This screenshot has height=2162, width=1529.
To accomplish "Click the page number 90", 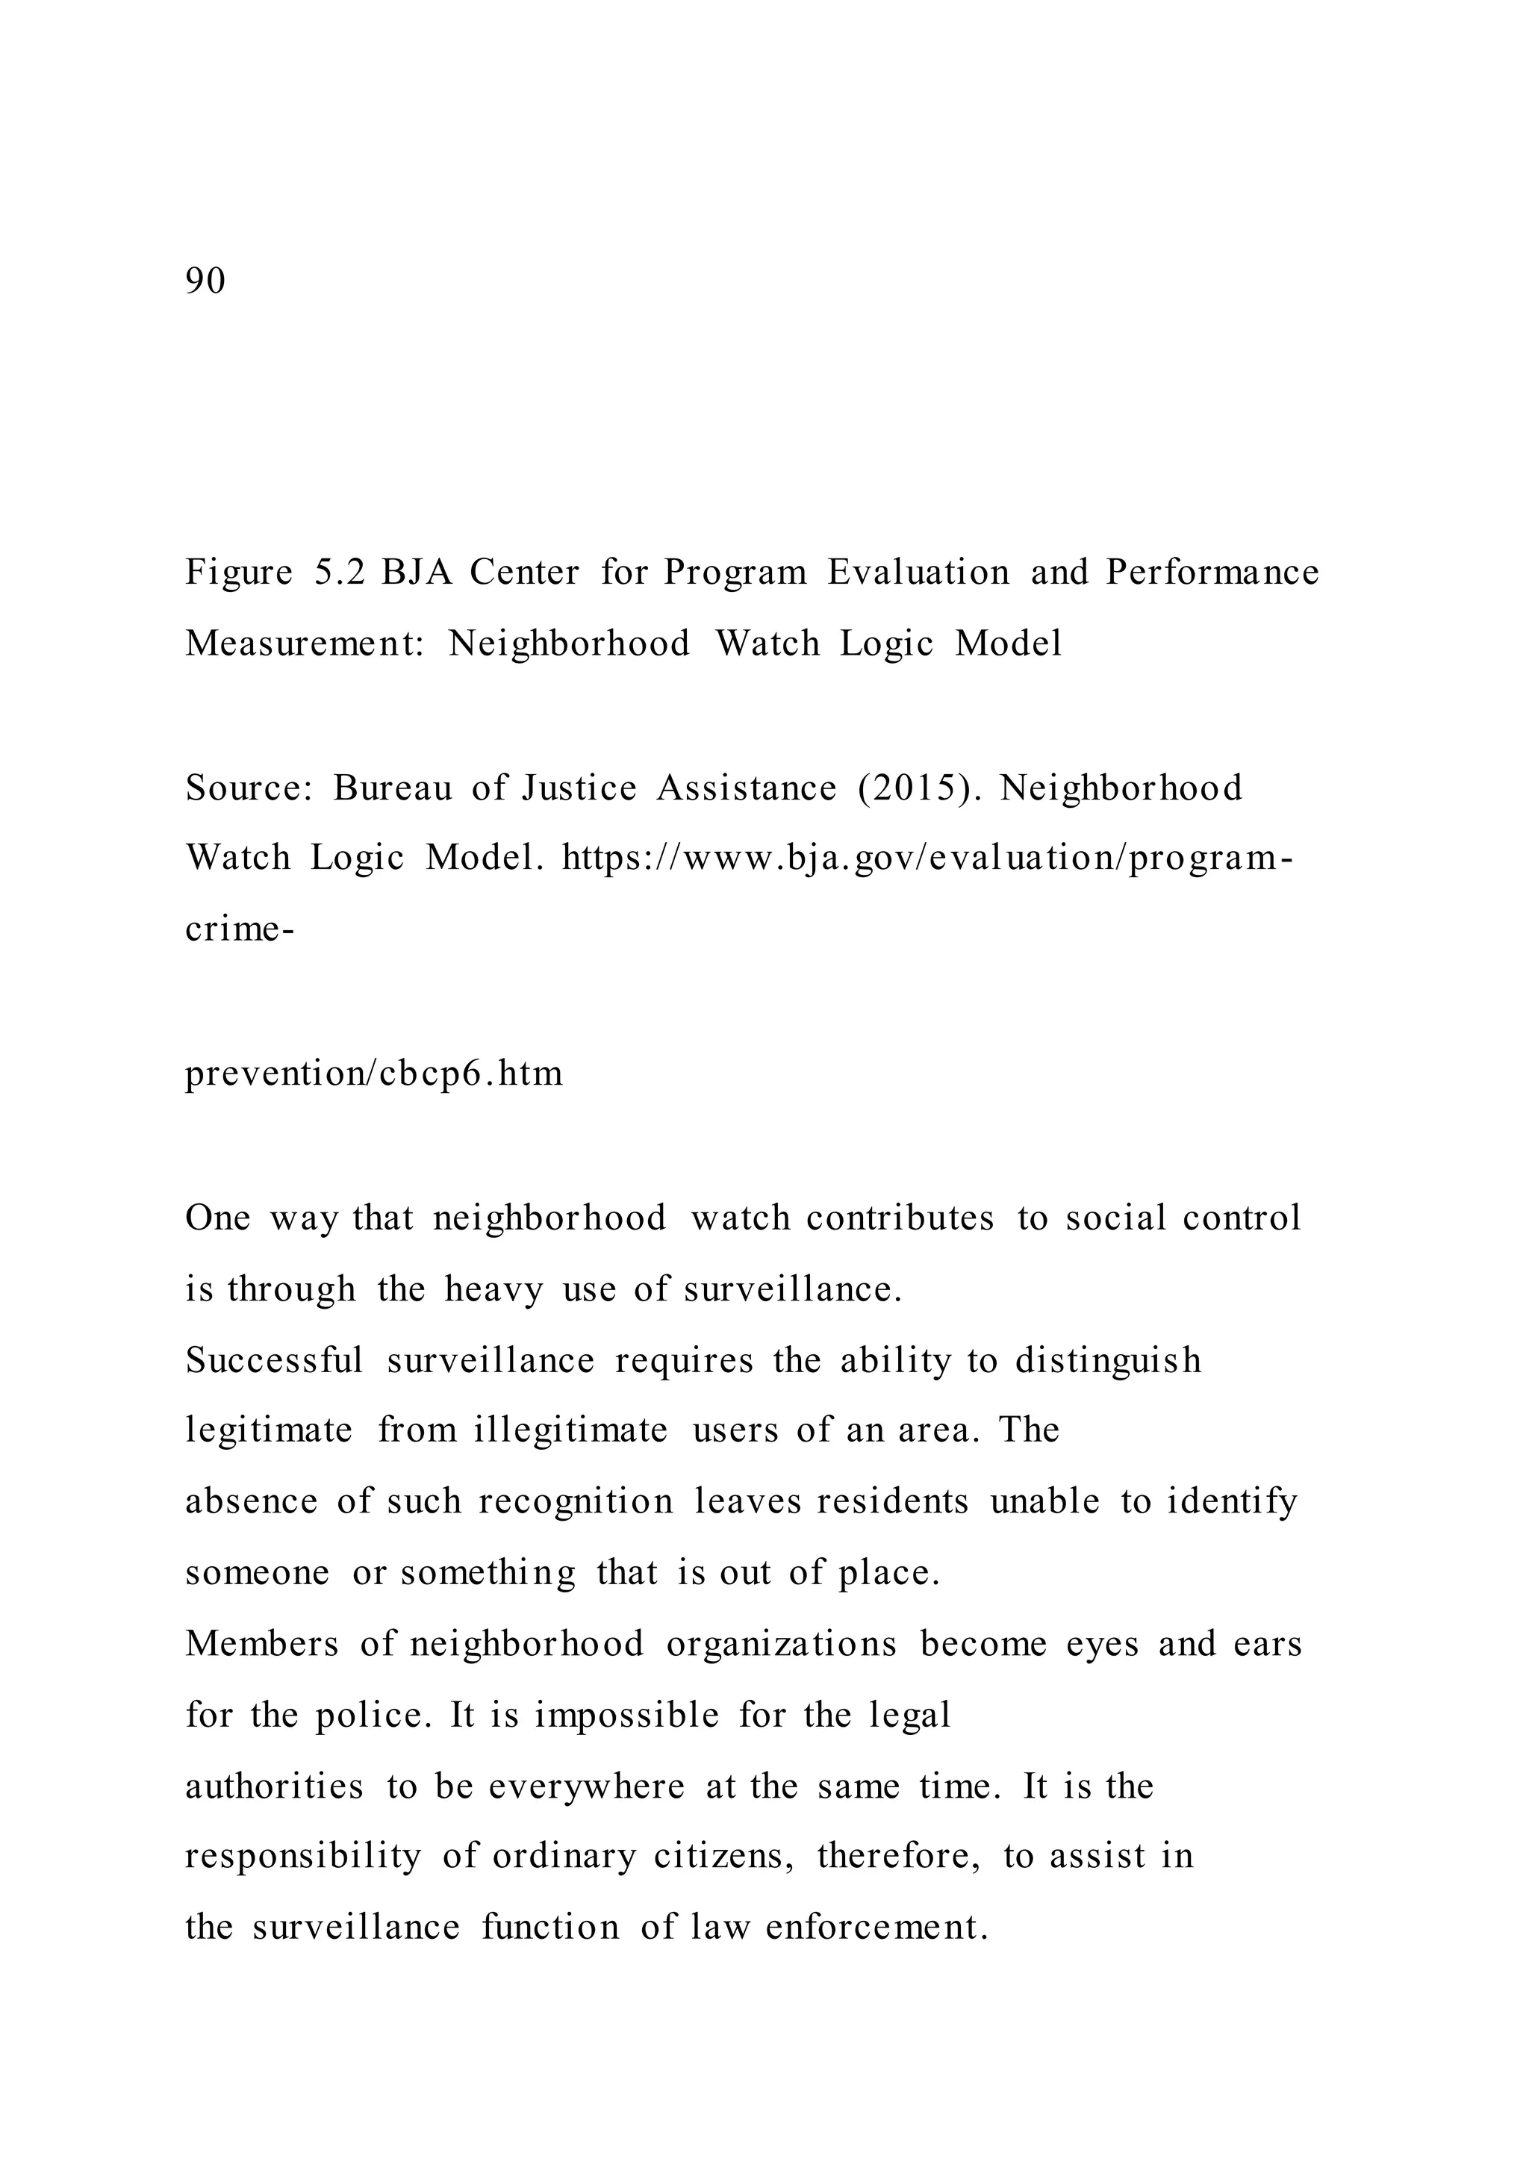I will point(205,281).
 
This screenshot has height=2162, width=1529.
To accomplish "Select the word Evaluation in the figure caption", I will point(918,573).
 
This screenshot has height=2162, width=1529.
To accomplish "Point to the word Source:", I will point(249,787).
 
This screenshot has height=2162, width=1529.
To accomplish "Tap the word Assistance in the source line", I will point(747,787).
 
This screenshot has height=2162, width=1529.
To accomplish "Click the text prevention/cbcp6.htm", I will point(374,1074).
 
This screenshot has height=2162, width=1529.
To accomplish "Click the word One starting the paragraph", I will point(217,1218).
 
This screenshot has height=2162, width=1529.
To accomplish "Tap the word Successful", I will point(274,1361).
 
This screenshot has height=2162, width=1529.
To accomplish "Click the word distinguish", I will point(1108,1361).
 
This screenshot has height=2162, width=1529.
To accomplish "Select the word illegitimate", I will point(570,1431).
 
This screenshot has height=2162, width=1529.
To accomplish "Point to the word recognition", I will point(576,1502).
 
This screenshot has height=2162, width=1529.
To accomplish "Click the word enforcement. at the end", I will point(876,1928).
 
